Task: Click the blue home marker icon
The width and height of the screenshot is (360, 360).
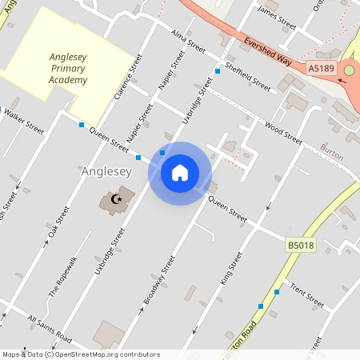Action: pyautogui.click(x=180, y=173)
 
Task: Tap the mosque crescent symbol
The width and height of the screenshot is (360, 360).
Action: pyautogui.click(x=118, y=198)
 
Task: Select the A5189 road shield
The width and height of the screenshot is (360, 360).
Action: pyautogui.click(x=322, y=70)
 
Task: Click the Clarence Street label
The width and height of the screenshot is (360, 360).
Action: pyautogui.click(x=127, y=78)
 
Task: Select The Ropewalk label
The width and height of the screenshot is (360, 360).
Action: pyautogui.click(x=62, y=277)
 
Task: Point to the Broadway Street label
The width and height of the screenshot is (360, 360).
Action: pyautogui.click(x=158, y=280)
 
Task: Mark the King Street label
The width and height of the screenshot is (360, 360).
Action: pyautogui.click(x=230, y=267)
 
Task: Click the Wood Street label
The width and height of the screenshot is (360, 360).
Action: pyautogui.click(x=283, y=134)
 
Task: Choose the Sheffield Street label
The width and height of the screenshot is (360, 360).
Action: pyautogui.click(x=247, y=74)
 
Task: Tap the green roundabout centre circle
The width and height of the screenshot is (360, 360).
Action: pyautogui.click(x=349, y=71)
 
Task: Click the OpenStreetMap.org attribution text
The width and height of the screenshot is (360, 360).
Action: pyautogui.click(x=106, y=354)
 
